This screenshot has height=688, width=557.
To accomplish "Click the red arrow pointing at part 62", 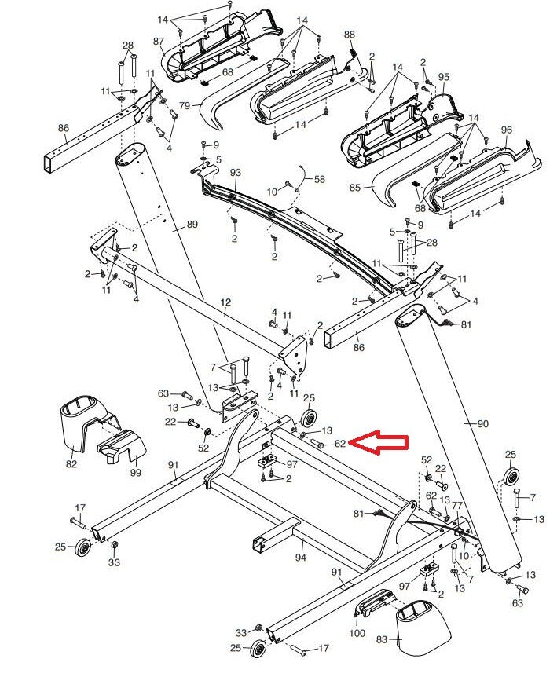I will pos(378,443).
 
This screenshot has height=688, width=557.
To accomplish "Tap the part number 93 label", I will pos(235,172).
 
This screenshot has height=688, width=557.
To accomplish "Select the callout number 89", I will pos(192,225).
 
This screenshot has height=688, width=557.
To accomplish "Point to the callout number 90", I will pos(482,424).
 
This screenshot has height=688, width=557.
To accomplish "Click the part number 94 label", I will pos(300,558).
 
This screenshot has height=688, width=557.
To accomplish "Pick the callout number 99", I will pos(135,473).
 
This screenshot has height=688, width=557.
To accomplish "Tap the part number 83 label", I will pos(383,640).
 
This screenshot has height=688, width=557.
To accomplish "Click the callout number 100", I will pos(357,633).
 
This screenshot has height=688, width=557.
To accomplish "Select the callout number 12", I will pos(226,302).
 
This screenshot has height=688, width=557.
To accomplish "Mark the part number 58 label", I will pos(319,180).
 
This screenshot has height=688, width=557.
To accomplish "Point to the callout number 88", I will pos(350,35).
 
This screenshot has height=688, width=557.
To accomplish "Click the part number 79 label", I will pos(185,105).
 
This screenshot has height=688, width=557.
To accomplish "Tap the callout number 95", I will pos(444,77).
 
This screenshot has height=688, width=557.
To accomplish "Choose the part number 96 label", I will pos(506,130).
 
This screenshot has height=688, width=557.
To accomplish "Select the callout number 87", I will pos(159,41).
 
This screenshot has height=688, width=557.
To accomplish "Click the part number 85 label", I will pos(354,188).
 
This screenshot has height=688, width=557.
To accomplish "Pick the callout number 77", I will pos(457,506).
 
